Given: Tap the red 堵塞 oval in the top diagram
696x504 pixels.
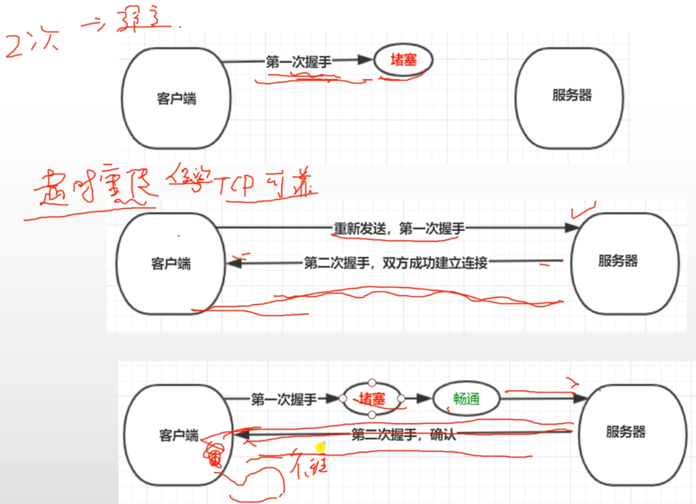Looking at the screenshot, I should pyautogui.click(x=403, y=60).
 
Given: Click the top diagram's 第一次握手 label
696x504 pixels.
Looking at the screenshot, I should pyautogui.click(x=298, y=62).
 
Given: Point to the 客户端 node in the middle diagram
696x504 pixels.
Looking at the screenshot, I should pyautogui.click(x=171, y=264).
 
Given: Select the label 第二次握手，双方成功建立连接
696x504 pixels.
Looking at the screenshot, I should pyautogui.click(x=396, y=264).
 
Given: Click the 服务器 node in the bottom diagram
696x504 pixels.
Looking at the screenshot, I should pyautogui.click(x=625, y=433).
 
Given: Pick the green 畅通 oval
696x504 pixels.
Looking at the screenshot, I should pyautogui.click(x=466, y=399).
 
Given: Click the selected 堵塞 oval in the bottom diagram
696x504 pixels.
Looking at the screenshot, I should pyautogui.click(x=372, y=398).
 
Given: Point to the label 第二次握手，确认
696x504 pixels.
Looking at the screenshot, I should pyautogui.click(x=403, y=435).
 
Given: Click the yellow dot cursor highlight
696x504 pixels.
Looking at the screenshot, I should pyautogui.click(x=320, y=447).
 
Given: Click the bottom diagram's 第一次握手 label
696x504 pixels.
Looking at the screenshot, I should pyautogui.click(x=284, y=400).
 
